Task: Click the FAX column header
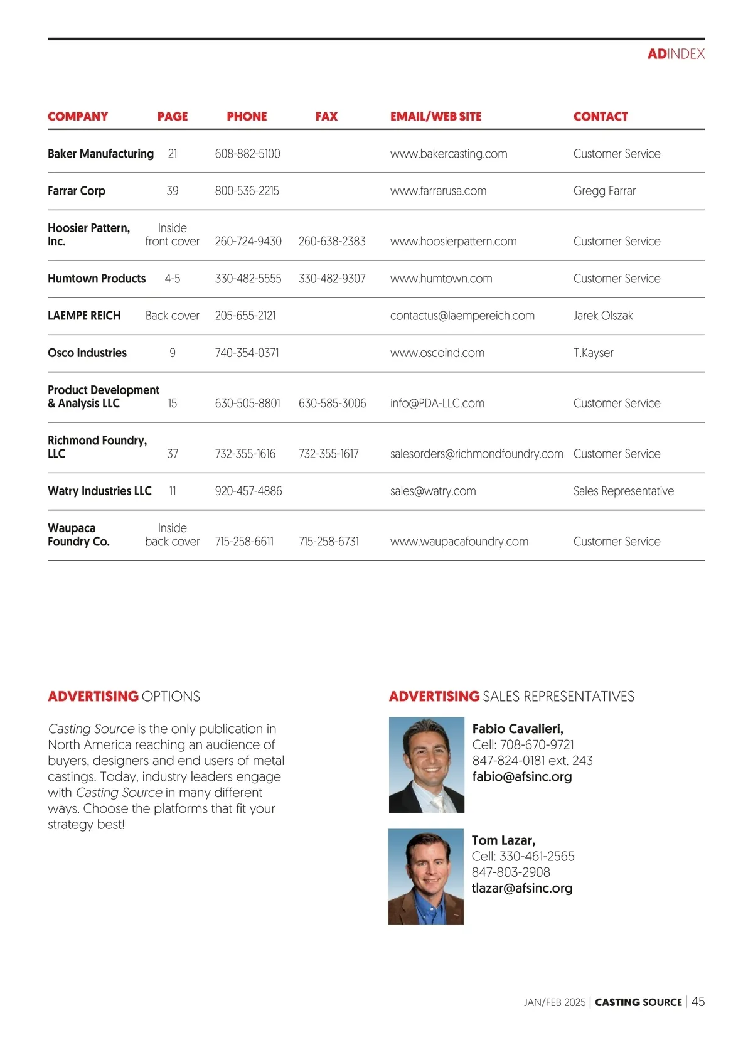point(326,116)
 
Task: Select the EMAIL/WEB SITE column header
point(435,116)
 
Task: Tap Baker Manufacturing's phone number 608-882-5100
point(247,154)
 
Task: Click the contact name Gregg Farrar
point(604,191)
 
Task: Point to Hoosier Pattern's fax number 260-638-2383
point(332,241)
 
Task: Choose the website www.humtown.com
point(441,279)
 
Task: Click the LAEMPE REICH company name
point(84,316)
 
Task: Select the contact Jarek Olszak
point(603,316)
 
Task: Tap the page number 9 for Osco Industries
point(173,353)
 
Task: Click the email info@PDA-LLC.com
point(437,403)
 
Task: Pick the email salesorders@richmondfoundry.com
point(476,454)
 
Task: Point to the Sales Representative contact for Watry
point(623,491)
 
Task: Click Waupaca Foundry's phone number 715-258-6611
point(244,542)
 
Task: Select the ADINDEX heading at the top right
point(676,54)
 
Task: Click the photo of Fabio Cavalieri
point(427,764)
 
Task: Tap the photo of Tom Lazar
point(426,876)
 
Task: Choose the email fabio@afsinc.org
point(521,776)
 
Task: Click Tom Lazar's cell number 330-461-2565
point(537,856)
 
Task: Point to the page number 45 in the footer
point(698,1002)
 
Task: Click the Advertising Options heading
point(124,696)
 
